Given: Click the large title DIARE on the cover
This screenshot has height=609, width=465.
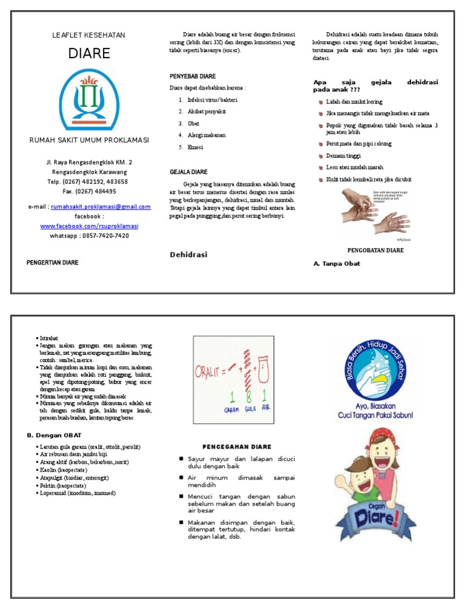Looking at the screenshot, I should click(89, 53).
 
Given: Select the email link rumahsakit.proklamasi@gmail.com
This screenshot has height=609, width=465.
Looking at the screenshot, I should click(101, 207).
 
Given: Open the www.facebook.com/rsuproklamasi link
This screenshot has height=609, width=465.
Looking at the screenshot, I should click(89, 226).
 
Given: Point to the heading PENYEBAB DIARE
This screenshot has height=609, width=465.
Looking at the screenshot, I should click(193, 77).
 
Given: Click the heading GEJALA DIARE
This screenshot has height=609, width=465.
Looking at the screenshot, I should click(188, 172).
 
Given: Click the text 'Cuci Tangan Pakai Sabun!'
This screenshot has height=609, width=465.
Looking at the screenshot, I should click(375, 415).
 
